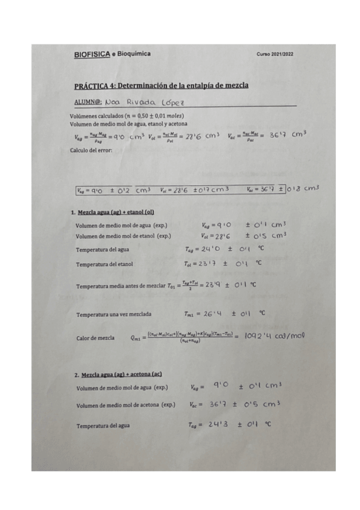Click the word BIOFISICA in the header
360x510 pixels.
tap(91, 55)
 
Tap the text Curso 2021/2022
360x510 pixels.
tap(275, 55)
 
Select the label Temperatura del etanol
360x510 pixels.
tap(105, 264)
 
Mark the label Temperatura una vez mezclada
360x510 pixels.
tap(114, 315)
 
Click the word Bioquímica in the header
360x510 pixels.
tap(133, 55)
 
